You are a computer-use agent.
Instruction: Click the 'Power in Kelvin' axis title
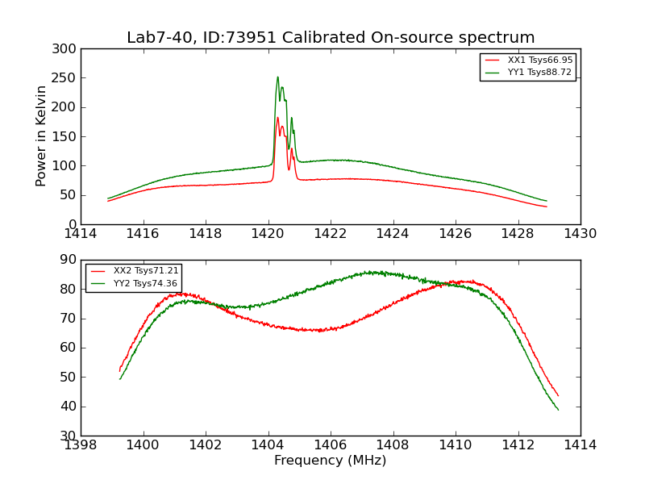pyautogui.click(x=42, y=136)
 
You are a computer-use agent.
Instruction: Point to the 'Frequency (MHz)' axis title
pyautogui.click(x=331, y=461)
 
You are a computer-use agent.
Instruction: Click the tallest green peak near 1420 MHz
pyautogui.click(x=277, y=77)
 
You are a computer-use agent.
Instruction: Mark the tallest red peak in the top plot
pyautogui.click(x=277, y=118)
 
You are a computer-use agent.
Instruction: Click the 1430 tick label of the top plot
pyautogui.click(x=580, y=235)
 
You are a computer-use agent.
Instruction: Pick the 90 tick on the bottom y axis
pyautogui.click(x=69, y=260)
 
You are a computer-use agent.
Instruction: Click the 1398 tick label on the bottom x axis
pyautogui.click(x=81, y=444)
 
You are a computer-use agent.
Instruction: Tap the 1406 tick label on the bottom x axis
pyautogui.click(x=331, y=444)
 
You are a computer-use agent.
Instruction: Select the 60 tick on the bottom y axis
pyautogui.click(x=69, y=348)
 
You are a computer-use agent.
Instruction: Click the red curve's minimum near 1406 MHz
pyautogui.click(x=320, y=331)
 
